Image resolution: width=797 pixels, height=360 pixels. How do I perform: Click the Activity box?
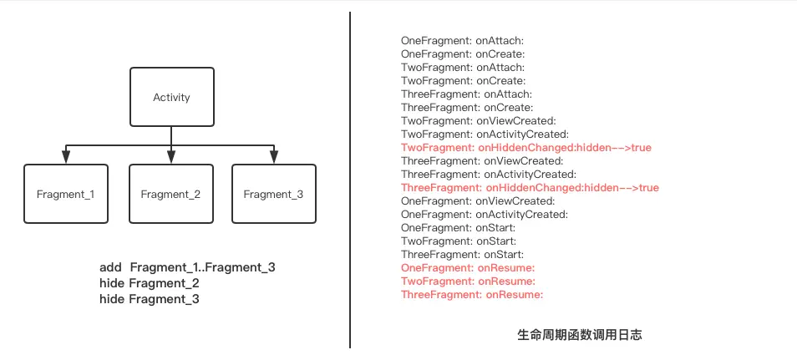[171, 97]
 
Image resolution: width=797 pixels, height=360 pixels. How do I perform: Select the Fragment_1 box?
[65, 194]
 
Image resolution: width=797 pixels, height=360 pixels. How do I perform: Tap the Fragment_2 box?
[170, 194]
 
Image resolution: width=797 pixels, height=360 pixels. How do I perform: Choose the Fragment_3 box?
[273, 194]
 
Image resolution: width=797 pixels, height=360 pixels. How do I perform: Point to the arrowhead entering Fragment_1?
[65, 159]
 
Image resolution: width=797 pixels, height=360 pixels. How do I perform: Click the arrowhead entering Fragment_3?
[273, 159]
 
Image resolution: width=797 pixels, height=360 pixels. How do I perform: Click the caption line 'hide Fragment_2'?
[149, 283]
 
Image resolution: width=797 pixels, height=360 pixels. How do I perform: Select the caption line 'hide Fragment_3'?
[149, 298]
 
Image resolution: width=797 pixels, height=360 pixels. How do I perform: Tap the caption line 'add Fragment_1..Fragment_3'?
[187, 267]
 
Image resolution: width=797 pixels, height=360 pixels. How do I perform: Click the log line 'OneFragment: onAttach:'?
[462, 40]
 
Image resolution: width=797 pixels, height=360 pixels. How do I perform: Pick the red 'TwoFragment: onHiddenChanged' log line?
[526, 147]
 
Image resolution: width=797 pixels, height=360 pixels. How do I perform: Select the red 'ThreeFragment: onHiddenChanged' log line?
[530, 188]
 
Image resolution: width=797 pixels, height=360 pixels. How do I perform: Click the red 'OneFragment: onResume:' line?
[467, 268]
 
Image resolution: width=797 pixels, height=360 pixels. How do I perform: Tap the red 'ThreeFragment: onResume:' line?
[472, 295]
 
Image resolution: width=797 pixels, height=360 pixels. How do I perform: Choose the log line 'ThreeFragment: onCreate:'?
[466, 107]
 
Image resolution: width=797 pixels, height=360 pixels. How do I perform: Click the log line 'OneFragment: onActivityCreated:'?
[485, 215]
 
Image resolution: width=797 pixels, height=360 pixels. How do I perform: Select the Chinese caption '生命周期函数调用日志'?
[579, 334]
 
